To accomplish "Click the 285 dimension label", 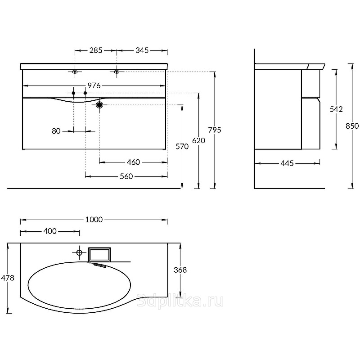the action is click(x=96, y=50).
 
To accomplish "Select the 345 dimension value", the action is click(x=142, y=50).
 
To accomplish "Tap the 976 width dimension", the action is click(x=94, y=85).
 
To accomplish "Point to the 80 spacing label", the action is click(x=56, y=131).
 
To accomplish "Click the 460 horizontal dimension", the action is click(x=133, y=162).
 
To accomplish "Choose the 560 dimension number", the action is click(x=126, y=176).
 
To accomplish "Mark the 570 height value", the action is click(x=182, y=146).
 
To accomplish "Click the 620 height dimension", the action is click(x=198, y=140).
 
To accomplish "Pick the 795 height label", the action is click(x=215, y=130).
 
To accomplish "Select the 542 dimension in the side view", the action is click(x=336, y=109).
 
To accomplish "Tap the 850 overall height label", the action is click(x=352, y=126).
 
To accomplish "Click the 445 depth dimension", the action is click(x=287, y=163).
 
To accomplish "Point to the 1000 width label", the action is click(x=94, y=220).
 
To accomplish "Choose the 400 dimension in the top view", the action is click(x=50, y=231).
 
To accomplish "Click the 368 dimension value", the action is click(x=180, y=270).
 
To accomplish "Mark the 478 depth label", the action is click(x=8, y=278).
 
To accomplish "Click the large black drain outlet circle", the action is click(x=99, y=105).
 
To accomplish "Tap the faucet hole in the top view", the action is click(x=79, y=253).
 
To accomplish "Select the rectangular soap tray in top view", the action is click(x=99, y=254).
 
